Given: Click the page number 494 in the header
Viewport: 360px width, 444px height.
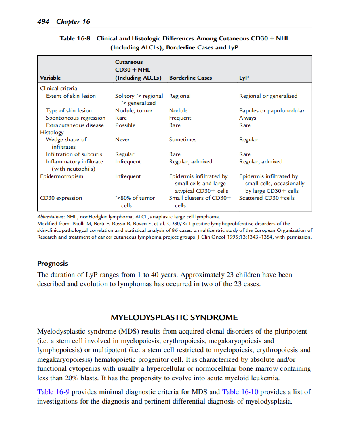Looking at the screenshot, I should click(x=43, y=21).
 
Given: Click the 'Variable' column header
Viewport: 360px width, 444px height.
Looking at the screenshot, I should click(x=50, y=78).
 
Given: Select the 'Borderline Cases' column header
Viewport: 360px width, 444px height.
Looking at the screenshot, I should click(x=190, y=78).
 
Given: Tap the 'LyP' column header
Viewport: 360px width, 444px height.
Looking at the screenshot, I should click(x=244, y=78).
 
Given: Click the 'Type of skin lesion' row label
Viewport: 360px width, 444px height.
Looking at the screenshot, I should click(x=69, y=111).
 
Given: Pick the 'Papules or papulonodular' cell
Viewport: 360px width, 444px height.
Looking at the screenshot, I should click(x=272, y=111).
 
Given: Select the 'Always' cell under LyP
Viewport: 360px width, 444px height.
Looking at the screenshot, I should click(x=248, y=118).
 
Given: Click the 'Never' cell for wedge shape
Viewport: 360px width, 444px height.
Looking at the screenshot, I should click(x=122, y=140).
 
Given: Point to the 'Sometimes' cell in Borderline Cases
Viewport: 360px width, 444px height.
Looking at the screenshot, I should click(x=183, y=140).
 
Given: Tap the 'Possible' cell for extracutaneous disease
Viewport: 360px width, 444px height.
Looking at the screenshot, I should click(x=125, y=125).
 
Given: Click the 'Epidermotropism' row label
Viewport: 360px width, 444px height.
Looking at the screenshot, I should click(x=62, y=176).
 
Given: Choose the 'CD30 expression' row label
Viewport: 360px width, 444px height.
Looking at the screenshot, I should click(x=61, y=198).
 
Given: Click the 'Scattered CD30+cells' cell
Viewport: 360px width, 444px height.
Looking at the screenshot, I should click(x=267, y=198).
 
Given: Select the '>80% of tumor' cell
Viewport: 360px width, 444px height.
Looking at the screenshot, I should click(x=135, y=198).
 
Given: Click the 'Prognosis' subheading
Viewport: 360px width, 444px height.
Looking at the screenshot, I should click(x=53, y=264).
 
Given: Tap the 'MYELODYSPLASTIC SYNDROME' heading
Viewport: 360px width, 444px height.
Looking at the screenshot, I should click(x=174, y=318).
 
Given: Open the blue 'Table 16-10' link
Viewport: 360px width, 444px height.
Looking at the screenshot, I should click(x=240, y=392).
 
